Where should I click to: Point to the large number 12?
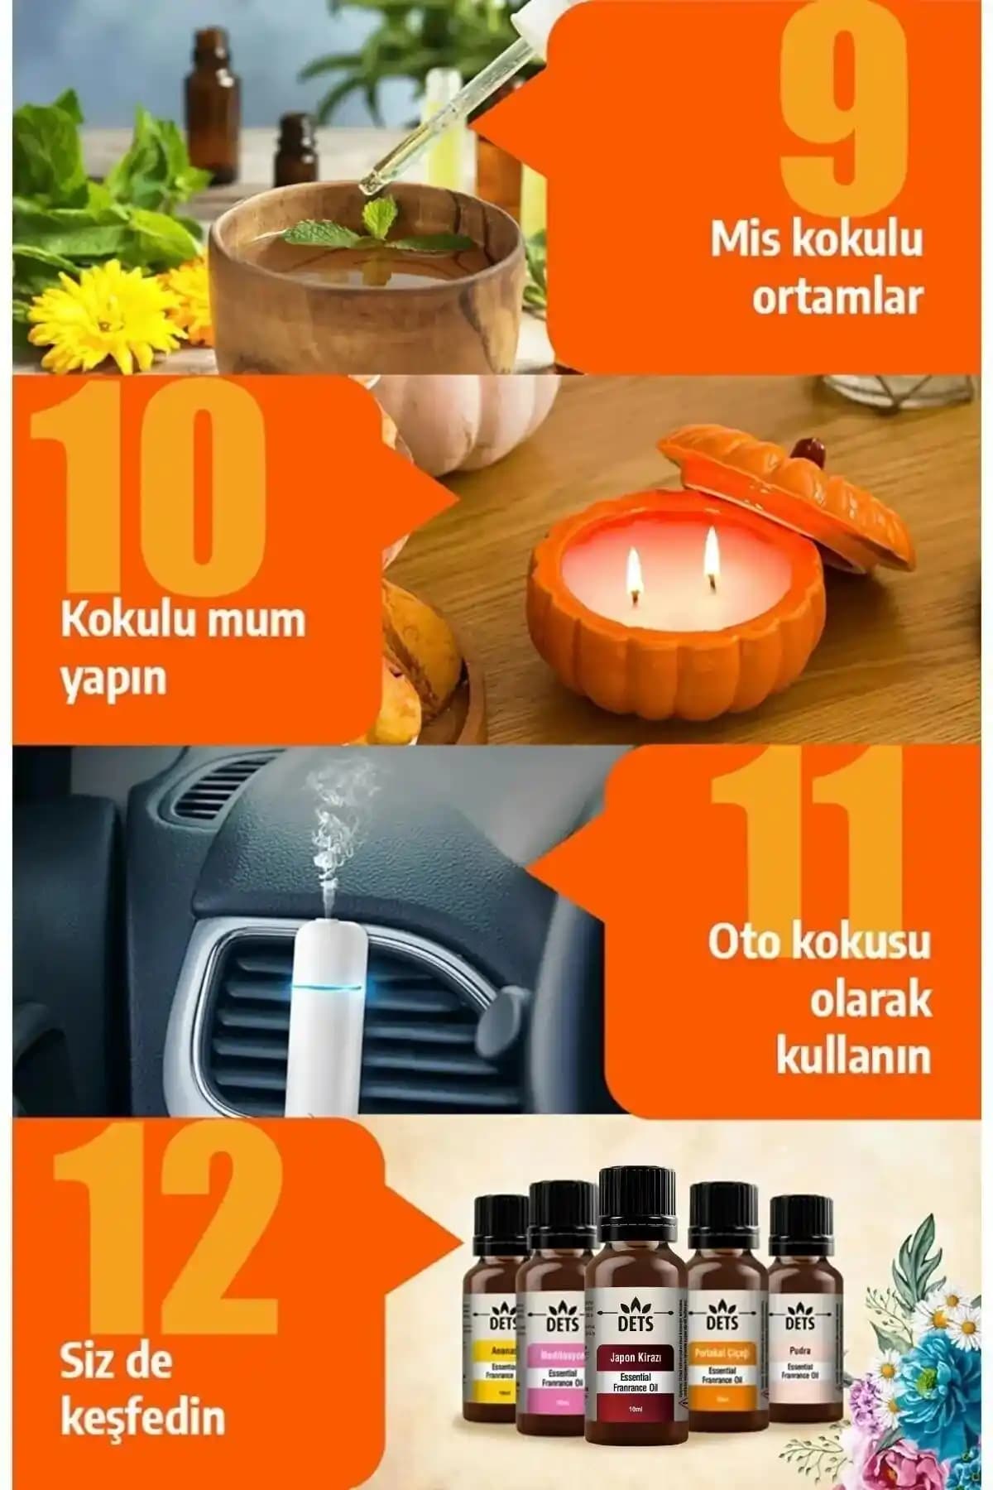point(157,1242)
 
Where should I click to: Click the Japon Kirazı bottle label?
point(636,1382)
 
